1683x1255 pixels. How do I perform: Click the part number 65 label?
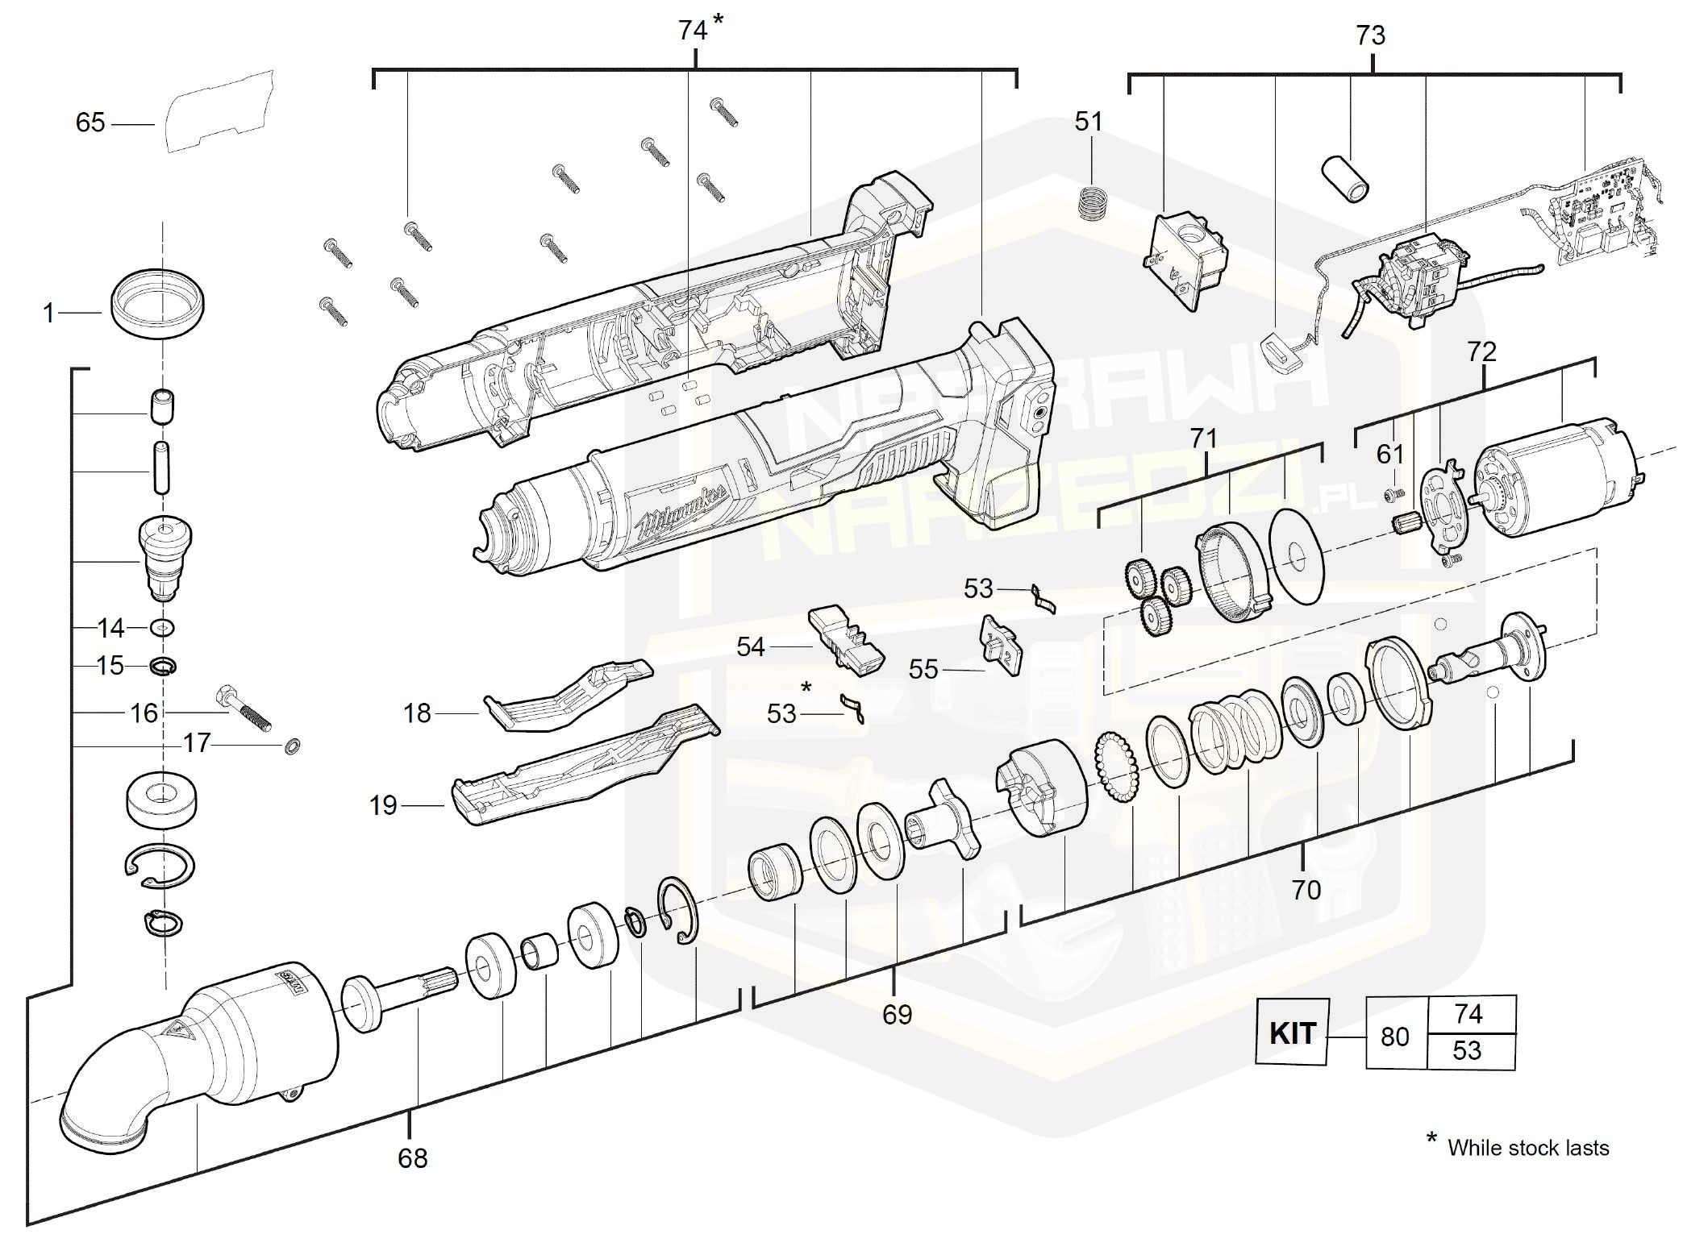(90, 123)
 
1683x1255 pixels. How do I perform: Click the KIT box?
(1292, 1033)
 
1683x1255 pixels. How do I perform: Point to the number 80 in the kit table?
(1395, 1036)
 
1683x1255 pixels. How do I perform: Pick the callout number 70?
(1306, 889)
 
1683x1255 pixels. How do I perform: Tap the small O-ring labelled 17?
(292, 746)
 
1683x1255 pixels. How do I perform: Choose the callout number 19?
(384, 805)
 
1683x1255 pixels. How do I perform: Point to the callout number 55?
(923, 669)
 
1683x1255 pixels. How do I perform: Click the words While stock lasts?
(1527, 1148)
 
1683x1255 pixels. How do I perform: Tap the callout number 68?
(412, 1158)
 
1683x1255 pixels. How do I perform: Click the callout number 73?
(1370, 35)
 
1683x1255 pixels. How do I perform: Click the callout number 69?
(897, 1014)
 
